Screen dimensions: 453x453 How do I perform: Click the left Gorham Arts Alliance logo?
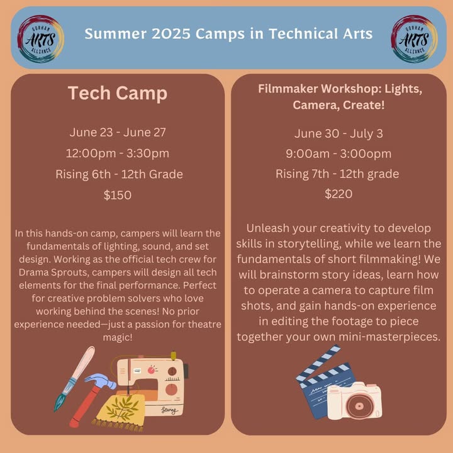(40, 39)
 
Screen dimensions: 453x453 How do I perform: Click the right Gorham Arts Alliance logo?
(414, 39)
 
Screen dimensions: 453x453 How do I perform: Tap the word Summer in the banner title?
(116, 34)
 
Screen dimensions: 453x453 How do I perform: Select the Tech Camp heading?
(118, 93)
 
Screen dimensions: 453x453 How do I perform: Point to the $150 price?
(118, 195)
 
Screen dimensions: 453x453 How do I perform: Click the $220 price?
(338, 194)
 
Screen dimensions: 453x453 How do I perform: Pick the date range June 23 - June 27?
(118, 132)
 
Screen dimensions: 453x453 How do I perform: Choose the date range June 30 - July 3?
(338, 133)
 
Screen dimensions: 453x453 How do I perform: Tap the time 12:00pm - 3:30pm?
(118, 153)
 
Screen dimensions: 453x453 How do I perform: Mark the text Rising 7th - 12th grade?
(337, 174)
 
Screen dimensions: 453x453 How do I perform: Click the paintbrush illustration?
(74, 379)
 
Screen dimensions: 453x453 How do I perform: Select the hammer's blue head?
(100, 381)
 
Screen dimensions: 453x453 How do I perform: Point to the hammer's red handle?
(86, 406)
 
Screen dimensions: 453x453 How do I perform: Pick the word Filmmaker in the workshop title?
(288, 89)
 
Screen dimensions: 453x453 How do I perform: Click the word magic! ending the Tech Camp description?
(118, 337)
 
